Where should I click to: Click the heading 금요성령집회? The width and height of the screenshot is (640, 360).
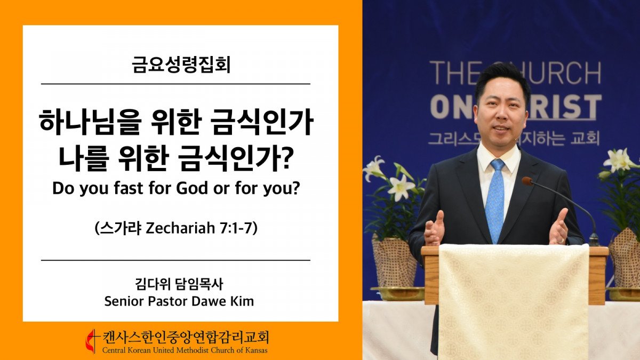tap(181, 65)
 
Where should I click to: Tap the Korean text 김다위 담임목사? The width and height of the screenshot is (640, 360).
tap(179, 284)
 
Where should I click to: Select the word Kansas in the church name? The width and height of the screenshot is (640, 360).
tap(257, 350)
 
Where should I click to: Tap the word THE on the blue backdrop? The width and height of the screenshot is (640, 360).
tap(453, 73)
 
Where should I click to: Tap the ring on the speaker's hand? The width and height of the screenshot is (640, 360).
tap(562, 241)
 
